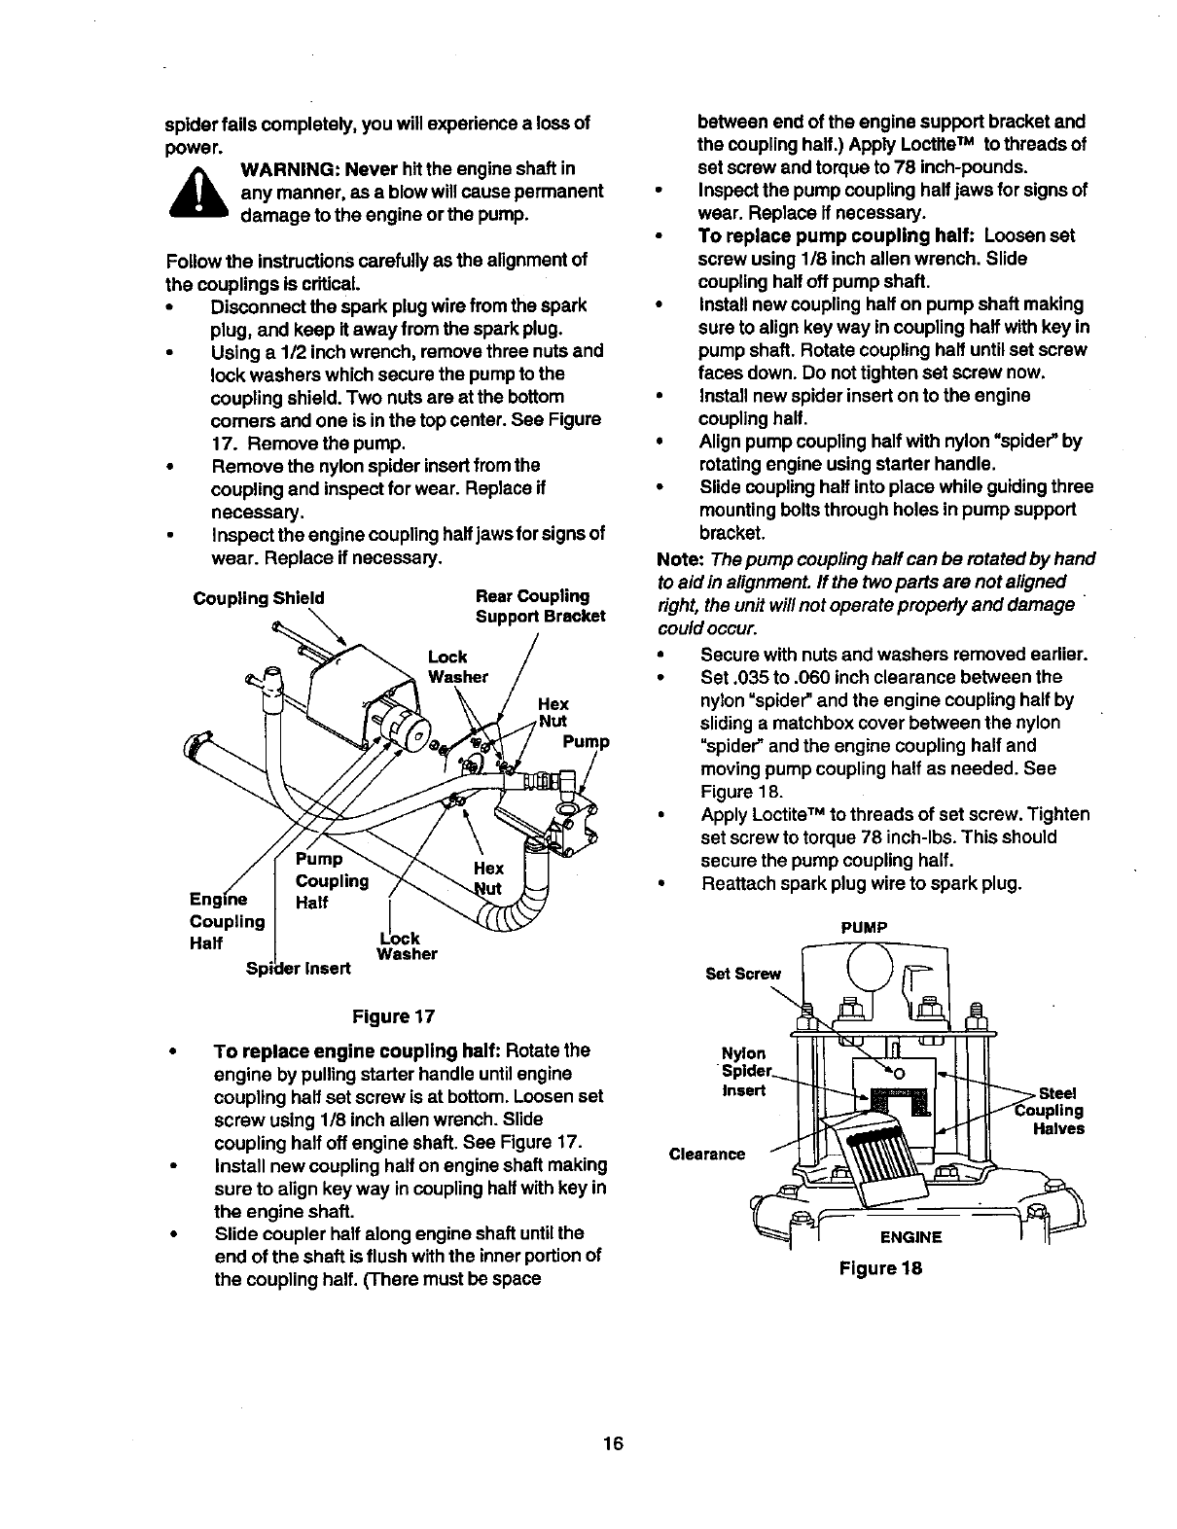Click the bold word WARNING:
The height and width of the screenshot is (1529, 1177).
coord(291,168)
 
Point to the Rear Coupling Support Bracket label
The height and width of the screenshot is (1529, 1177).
coord(540,606)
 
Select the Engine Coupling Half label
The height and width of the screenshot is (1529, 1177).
coord(227,920)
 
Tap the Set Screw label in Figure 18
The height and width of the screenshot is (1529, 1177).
coord(743,974)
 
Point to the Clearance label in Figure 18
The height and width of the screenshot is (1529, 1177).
coord(707,1155)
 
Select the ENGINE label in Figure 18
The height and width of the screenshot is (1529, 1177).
coord(911,1237)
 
